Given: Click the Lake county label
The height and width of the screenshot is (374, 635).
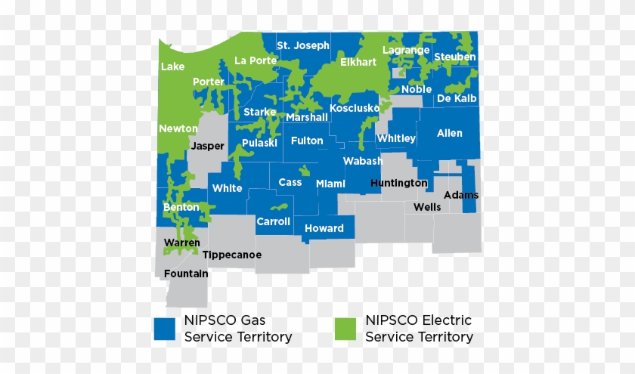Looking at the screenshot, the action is point(172,66).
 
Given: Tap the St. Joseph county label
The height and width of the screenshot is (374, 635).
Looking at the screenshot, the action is point(303,45).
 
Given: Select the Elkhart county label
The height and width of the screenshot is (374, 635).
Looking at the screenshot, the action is point(358,62).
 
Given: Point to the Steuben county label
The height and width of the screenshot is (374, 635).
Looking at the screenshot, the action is point(455,57).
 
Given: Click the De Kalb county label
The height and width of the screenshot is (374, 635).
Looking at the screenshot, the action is point(457,98).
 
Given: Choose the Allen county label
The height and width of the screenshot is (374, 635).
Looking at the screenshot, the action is point(450,133).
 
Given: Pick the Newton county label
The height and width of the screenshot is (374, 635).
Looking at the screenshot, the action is point(178,128).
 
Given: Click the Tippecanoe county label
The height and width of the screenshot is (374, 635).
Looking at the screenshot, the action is point(232,255).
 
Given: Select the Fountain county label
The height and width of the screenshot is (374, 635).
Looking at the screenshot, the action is point(186,274).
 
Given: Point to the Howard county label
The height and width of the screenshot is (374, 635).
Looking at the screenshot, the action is point(324,228).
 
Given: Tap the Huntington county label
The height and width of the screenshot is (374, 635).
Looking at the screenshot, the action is point(399,183).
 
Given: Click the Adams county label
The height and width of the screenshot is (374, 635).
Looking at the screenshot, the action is point(461,195).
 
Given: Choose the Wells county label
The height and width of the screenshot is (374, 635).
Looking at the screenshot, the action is point(427,206).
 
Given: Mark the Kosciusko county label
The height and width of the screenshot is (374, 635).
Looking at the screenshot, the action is point(355,108).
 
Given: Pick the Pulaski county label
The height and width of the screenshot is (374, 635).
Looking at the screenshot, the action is point(260,142).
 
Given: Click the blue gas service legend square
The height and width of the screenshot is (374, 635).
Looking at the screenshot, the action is point(164,329).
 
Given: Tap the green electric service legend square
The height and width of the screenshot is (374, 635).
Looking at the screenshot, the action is point(345,329).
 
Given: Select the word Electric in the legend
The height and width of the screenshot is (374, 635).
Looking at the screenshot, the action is point(446,320).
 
